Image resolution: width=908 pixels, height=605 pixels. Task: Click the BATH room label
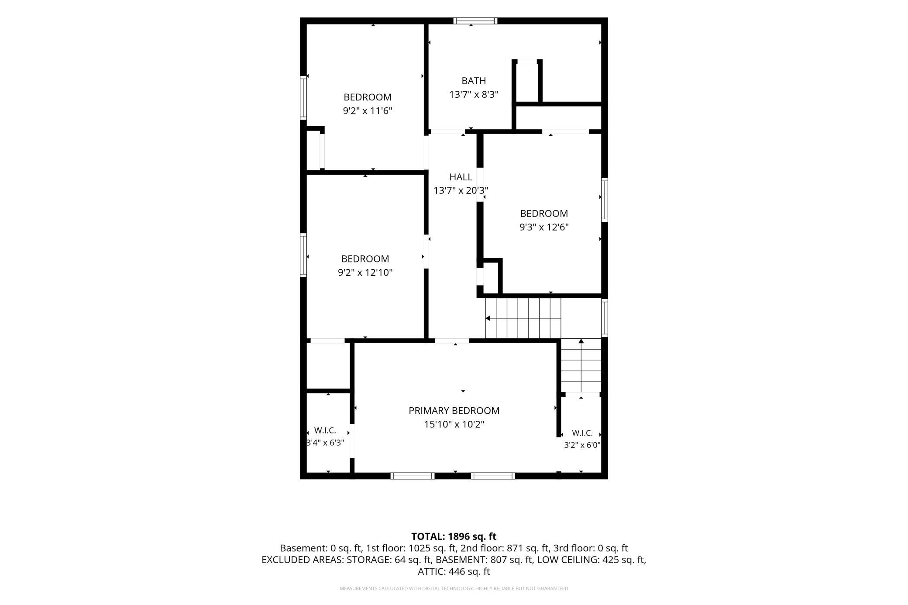tap(474, 81)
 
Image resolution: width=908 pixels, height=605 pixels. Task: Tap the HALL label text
tap(461, 177)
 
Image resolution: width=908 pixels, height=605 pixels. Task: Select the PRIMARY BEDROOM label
tap(454, 411)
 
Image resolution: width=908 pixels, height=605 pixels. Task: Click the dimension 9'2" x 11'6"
tap(368, 111)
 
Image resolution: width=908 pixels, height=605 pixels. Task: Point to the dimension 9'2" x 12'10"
tap(365, 273)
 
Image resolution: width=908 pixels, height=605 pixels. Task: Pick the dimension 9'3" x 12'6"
tap(544, 227)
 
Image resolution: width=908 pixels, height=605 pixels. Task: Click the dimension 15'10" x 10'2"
tap(454, 424)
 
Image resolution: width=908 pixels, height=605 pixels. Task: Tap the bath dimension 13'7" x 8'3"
tap(474, 94)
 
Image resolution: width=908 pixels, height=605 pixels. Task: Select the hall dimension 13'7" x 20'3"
tap(461, 191)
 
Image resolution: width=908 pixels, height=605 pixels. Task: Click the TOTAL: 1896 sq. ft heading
tap(454, 536)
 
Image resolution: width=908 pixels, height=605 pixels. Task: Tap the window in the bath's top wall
tap(475, 21)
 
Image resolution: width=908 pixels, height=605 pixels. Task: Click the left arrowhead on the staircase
tap(488, 318)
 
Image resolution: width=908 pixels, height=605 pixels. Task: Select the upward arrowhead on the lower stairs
tap(581, 341)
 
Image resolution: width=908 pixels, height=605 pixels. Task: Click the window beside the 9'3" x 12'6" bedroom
tap(605, 200)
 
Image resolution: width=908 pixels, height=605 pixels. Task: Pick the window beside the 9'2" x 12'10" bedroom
tap(303, 255)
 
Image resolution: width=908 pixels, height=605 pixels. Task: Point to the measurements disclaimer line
tap(454, 588)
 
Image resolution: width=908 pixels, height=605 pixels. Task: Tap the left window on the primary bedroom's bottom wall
tap(413, 476)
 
